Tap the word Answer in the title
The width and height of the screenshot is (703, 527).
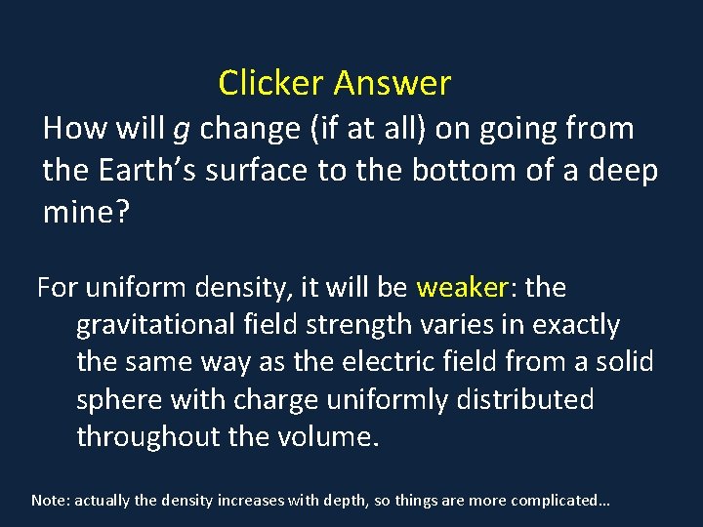click(393, 84)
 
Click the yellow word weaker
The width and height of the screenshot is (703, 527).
click(463, 288)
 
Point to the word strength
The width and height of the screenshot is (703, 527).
click(354, 325)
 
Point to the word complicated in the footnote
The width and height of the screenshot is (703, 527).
click(552, 501)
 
